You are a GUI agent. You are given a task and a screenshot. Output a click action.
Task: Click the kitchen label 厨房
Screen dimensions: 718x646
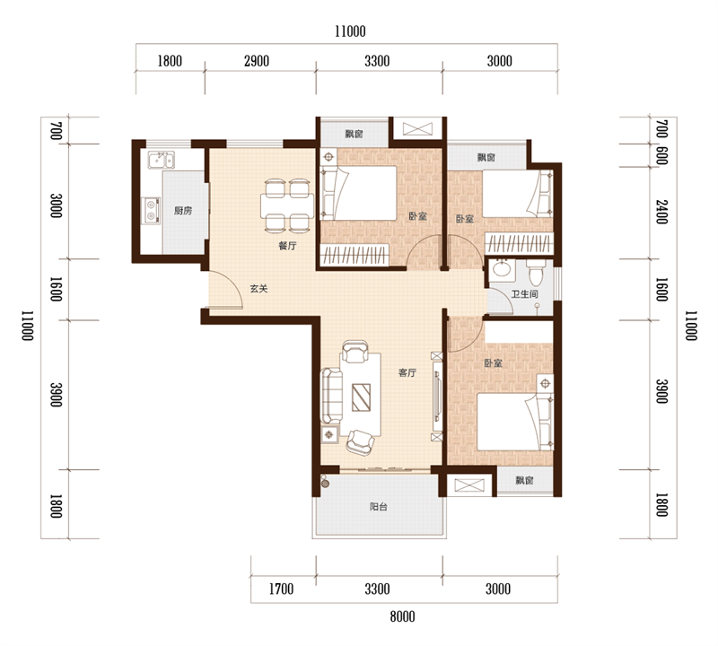[x=183, y=211]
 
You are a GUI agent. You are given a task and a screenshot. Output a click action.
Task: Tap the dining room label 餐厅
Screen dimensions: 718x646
[x=287, y=246]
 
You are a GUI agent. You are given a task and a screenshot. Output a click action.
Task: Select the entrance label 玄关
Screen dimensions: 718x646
[x=258, y=289]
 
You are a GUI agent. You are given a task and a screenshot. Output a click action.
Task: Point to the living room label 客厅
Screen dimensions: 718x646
[x=407, y=372]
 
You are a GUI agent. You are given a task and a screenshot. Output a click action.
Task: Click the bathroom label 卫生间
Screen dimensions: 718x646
[x=524, y=294]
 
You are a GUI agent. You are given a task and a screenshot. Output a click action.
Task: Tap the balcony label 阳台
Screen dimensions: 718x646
[x=379, y=507]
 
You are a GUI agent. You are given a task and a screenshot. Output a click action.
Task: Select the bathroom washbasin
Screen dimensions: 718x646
[x=503, y=268]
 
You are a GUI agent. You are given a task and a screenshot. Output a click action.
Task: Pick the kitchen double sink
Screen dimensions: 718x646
[x=161, y=160]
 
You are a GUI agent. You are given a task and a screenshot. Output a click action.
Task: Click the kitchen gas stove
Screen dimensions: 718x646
[x=151, y=211]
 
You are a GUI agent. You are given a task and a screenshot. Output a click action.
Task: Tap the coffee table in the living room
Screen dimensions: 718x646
[x=361, y=397]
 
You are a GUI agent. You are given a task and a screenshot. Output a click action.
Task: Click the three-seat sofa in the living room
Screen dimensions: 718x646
[x=331, y=396]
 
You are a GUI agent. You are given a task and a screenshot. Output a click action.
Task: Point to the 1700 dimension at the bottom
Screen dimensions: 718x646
[x=281, y=589]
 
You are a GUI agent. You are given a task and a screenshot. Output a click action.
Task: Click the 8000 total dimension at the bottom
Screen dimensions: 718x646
[x=402, y=616]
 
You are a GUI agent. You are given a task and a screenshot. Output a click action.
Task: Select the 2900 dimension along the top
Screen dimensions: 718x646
[x=257, y=61]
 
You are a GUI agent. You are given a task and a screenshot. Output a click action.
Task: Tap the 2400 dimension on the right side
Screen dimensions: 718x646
[x=661, y=212]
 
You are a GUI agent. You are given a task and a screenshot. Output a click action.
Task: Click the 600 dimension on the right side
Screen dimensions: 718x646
[x=661, y=155]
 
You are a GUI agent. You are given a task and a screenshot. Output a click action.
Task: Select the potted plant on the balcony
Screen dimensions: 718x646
[x=325, y=481]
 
